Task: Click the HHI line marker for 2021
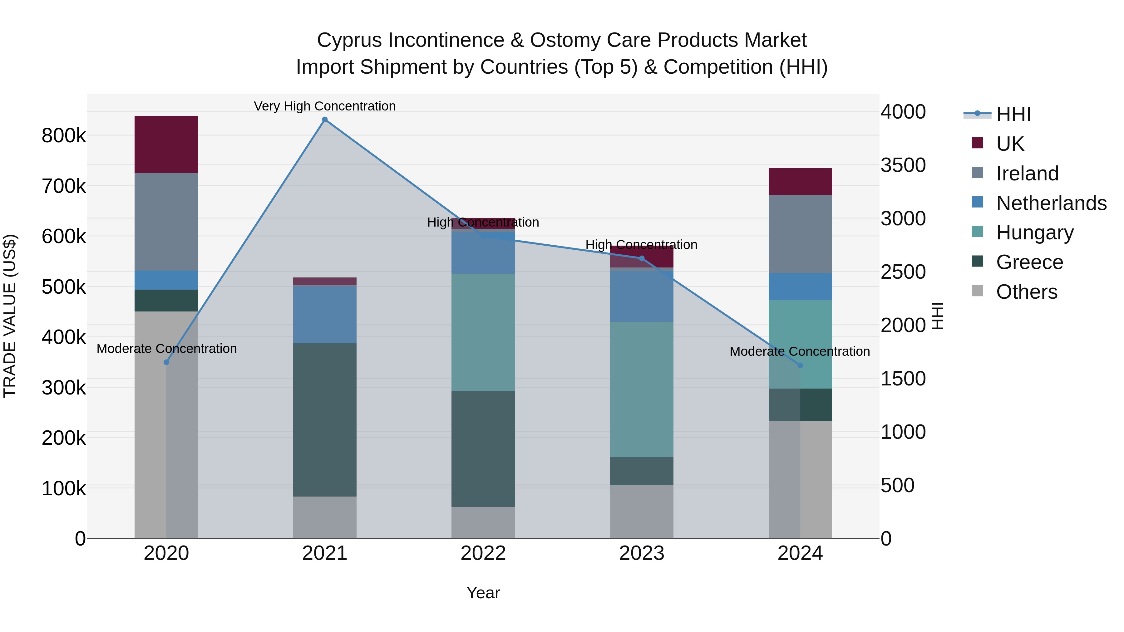click(325, 120)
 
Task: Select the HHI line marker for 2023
click(641, 258)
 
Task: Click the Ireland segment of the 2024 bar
click(800, 234)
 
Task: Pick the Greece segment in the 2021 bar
click(325, 419)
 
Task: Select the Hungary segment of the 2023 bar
click(641, 389)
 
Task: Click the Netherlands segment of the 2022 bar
click(483, 253)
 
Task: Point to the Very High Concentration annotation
click(325, 106)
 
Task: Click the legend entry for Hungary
click(1034, 233)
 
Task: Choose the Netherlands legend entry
click(1051, 203)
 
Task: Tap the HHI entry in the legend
click(1013, 114)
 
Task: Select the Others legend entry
click(1026, 292)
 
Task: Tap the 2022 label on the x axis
click(483, 553)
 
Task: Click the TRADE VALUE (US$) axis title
click(10, 316)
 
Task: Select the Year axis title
click(483, 593)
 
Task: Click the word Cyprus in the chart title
click(349, 40)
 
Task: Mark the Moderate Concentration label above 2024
click(799, 351)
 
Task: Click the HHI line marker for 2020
click(166, 362)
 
